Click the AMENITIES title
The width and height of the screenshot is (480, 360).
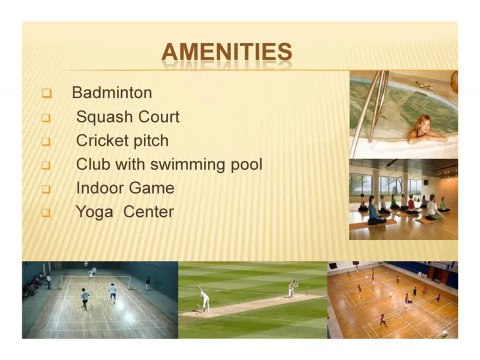coord(227,52)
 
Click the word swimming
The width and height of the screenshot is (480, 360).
coord(191,165)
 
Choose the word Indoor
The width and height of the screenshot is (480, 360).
coord(101,188)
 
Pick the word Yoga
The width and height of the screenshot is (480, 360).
coord(94,212)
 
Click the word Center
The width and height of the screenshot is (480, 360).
coord(148,212)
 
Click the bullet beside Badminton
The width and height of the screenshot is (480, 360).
coord(46,94)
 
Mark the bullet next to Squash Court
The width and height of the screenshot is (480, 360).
coord(46,118)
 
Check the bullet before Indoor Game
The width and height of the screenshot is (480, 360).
coord(46,189)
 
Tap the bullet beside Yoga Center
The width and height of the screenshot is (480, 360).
coord(46,213)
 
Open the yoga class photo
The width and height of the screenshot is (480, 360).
coord(403,199)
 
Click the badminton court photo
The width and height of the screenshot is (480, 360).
coord(99,299)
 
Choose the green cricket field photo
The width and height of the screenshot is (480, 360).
coord(252,299)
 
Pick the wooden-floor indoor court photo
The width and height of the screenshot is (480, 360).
coord(392,299)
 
